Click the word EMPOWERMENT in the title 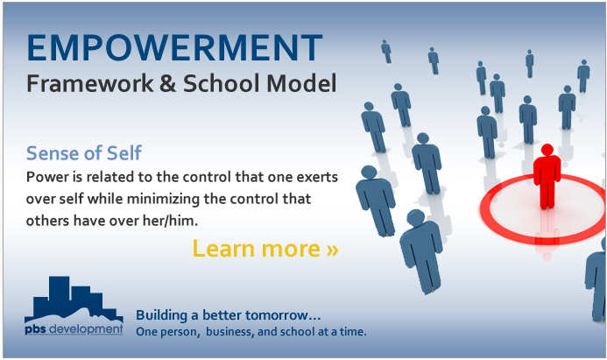(174, 47)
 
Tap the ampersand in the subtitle (167, 83)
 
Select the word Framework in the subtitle (90, 83)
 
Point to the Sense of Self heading (84, 153)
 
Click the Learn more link (265, 248)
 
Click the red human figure (547, 177)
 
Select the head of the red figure (547, 150)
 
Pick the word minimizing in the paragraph (164, 199)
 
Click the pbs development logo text (74, 329)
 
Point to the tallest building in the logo (59, 294)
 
